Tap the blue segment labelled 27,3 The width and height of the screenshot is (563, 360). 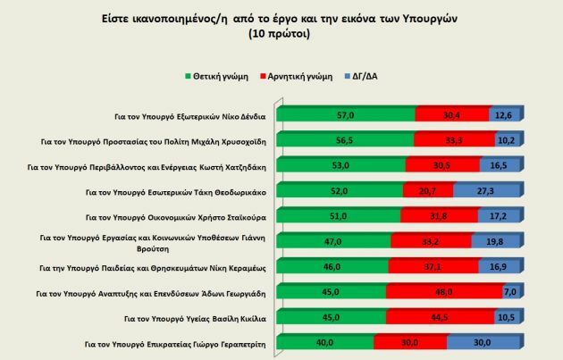487,190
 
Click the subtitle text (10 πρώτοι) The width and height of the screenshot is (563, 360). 281,33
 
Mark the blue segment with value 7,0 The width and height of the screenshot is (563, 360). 510,291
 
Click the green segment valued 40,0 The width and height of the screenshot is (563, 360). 325,342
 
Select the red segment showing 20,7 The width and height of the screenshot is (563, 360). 428,190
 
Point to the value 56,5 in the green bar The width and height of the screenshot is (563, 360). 344,140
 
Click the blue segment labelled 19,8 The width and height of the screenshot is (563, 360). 497,240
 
